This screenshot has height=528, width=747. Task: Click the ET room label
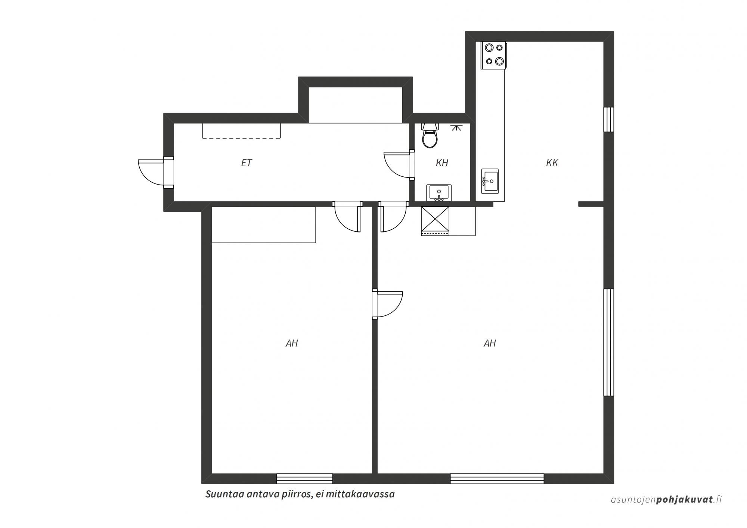click(x=247, y=163)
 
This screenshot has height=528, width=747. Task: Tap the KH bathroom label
click(x=442, y=163)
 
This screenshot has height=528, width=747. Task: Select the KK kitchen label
click(x=552, y=163)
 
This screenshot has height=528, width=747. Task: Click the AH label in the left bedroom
click(x=292, y=343)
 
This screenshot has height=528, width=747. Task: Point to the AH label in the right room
click(x=490, y=343)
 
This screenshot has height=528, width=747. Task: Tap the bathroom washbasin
click(x=439, y=193)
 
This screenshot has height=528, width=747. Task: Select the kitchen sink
click(x=490, y=181)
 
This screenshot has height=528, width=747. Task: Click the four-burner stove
click(x=493, y=55)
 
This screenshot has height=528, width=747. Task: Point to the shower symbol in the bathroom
click(x=455, y=127)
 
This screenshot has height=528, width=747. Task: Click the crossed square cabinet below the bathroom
click(x=435, y=221)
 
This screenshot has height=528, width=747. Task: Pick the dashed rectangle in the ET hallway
click(x=242, y=130)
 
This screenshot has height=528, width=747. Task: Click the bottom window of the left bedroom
click(x=304, y=479)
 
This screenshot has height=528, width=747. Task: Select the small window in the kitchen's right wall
click(x=609, y=120)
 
